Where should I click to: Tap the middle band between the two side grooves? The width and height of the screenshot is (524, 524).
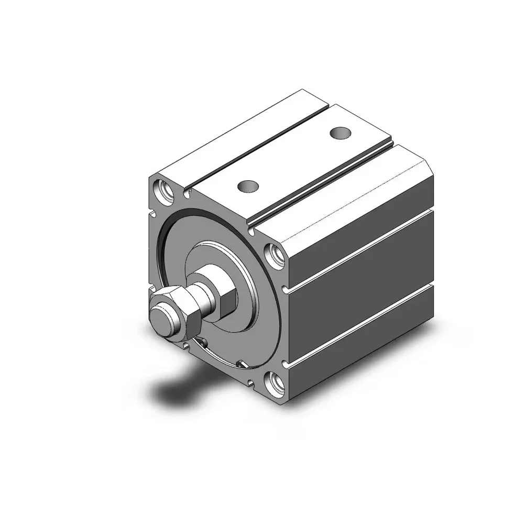362,288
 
